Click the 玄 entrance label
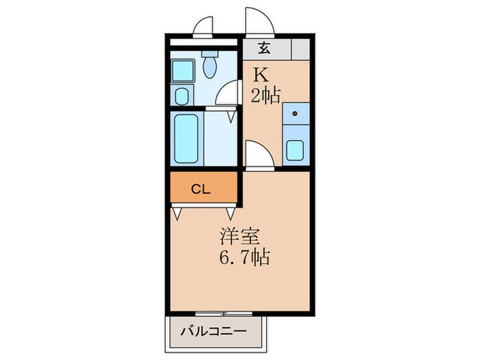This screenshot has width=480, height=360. coord(265,49)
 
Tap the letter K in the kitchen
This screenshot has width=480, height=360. coord(261,73)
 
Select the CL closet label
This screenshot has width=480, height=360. coord(200,189)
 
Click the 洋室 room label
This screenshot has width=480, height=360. coord(239,237)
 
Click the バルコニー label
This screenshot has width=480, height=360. coord(213,332)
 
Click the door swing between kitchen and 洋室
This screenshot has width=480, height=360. coord(260,154)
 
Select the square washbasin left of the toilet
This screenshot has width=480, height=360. coord(184,71)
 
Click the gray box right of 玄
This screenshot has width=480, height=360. coord(300,49)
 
